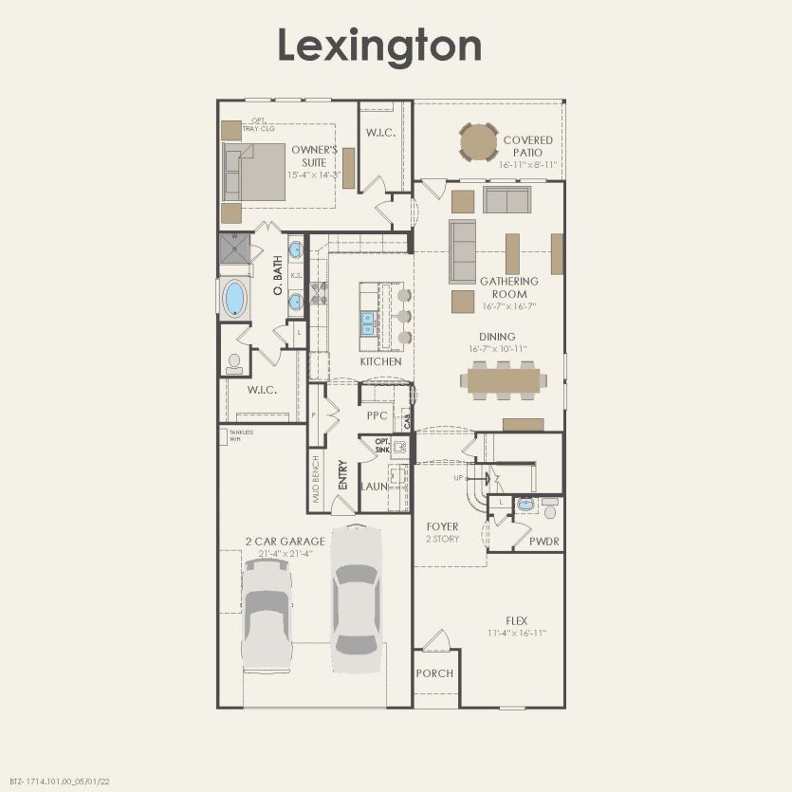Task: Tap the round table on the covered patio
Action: (x=478, y=142)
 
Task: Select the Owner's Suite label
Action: (x=315, y=156)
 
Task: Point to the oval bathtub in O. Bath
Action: (x=233, y=298)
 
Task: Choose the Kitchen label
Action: (x=380, y=361)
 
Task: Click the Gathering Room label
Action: (x=508, y=287)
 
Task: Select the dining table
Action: (x=503, y=380)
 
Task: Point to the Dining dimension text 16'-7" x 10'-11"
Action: (x=497, y=349)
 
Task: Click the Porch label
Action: (x=434, y=673)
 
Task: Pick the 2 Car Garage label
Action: (x=285, y=542)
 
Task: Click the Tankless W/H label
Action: (x=240, y=435)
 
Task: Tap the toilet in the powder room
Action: (x=550, y=510)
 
